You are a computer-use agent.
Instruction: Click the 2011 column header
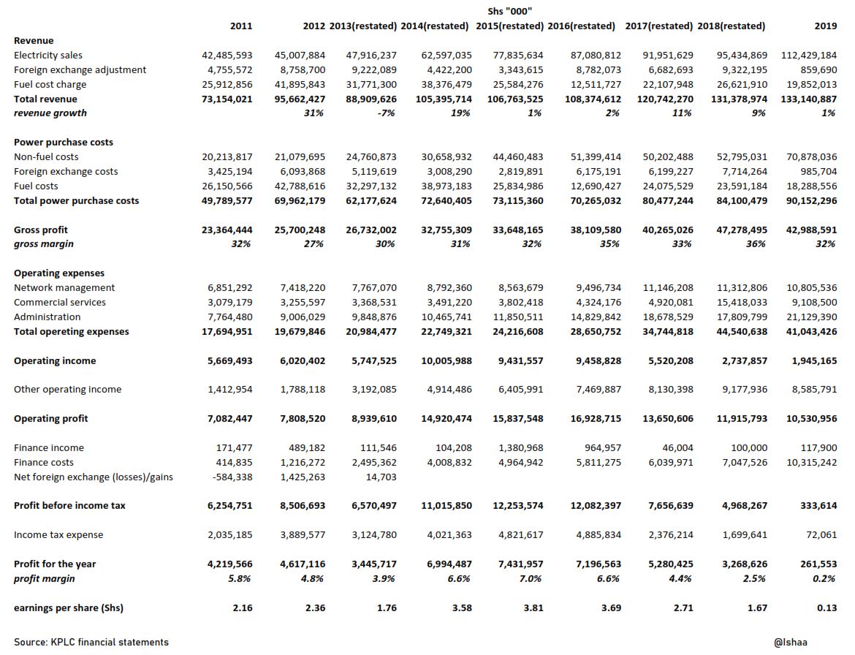(x=240, y=26)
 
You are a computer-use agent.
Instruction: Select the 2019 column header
(x=825, y=26)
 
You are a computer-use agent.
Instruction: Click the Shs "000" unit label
(x=509, y=11)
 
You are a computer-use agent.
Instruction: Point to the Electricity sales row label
(x=48, y=55)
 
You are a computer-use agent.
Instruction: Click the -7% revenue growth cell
(x=385, y=113)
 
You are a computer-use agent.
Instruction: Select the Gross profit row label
(x=41, y=230)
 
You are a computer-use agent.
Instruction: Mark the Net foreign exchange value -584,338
(x=229, y=477)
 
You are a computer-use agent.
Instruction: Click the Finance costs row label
(x=43, y=462)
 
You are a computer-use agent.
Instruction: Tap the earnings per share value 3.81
(x=533, y=607)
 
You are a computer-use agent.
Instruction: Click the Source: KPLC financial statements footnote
(x=91, y=642)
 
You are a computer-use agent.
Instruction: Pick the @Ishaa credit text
(x=790, y=642)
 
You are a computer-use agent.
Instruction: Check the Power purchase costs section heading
(x=64, y=142)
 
